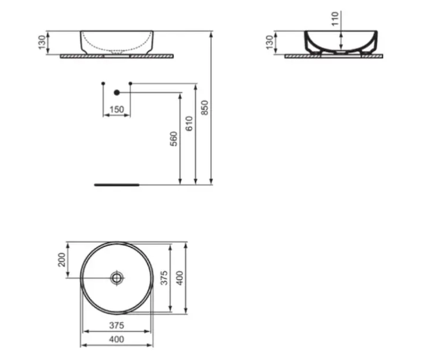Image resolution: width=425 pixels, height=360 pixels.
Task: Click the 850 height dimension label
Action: point(205,107)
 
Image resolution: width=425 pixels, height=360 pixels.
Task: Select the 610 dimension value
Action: point(189,124)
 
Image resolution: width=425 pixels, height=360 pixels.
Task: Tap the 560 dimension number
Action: point(173,139)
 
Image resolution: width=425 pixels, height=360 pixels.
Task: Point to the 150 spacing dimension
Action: point(116,109)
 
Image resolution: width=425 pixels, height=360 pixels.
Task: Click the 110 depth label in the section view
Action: point(336,19)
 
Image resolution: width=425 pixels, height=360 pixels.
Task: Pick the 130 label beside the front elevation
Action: point(42,43)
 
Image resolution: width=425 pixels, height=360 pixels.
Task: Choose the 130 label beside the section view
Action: point(270,43)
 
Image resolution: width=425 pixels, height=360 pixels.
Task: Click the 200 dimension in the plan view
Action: point(62,260)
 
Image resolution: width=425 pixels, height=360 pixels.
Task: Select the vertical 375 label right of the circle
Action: point(164,278)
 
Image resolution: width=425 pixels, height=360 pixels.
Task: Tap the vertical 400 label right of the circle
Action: point(179,278)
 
